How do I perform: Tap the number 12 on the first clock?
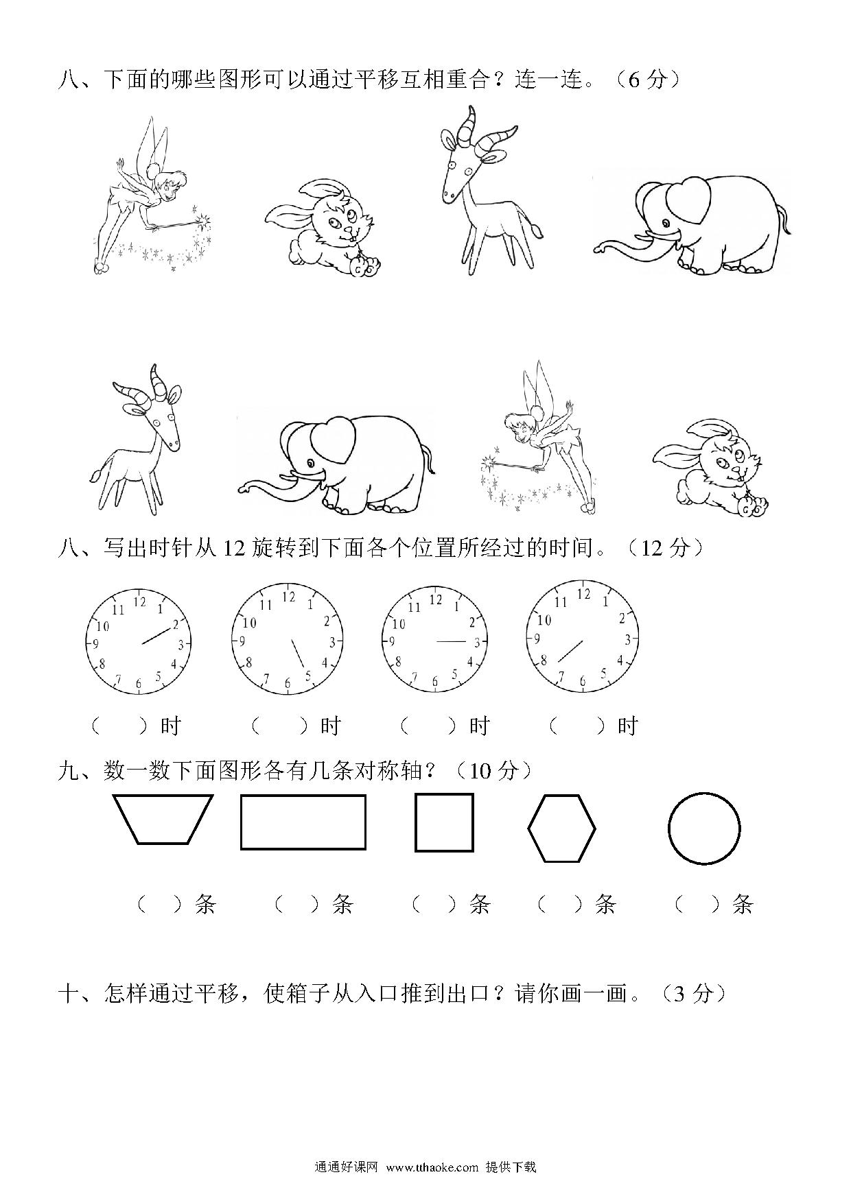coord(139,601)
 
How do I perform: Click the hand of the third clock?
coord(452,641)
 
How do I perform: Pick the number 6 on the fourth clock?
coord(583,681)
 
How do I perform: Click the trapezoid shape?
coord(163,819)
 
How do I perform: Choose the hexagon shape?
coord(561,828)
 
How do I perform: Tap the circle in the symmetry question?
coord(704,828)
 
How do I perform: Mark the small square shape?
coord(445,822)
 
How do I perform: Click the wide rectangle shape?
coord(303,822)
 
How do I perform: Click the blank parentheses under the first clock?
coord(119,726)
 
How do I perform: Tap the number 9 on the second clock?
coord(242,641)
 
